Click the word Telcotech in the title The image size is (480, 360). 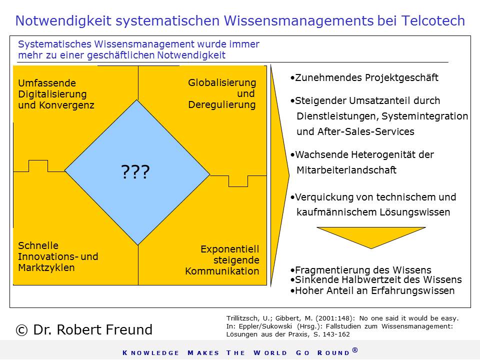coord(433,21)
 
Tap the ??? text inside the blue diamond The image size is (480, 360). coord(135,171)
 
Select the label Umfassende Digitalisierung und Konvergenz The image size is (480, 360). coord(56,94)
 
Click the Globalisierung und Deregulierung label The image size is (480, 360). coord(222,93)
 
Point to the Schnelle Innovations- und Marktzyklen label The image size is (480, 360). coord(58,256)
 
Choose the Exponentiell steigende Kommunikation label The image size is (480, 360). coord(222,260)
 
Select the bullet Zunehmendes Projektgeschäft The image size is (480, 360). coord(364,78)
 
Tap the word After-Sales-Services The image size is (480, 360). coord(366,131)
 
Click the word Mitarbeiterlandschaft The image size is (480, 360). coord(346,170)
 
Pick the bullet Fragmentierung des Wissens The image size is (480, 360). coord(360,270)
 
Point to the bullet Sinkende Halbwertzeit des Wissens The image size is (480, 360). coord(376,279)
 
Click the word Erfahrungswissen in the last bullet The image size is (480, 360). coord(413,290)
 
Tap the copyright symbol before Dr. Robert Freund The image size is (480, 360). coord(21,330)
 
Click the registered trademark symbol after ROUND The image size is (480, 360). coord(355,350)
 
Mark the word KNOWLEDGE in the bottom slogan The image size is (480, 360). coord(150,353)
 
